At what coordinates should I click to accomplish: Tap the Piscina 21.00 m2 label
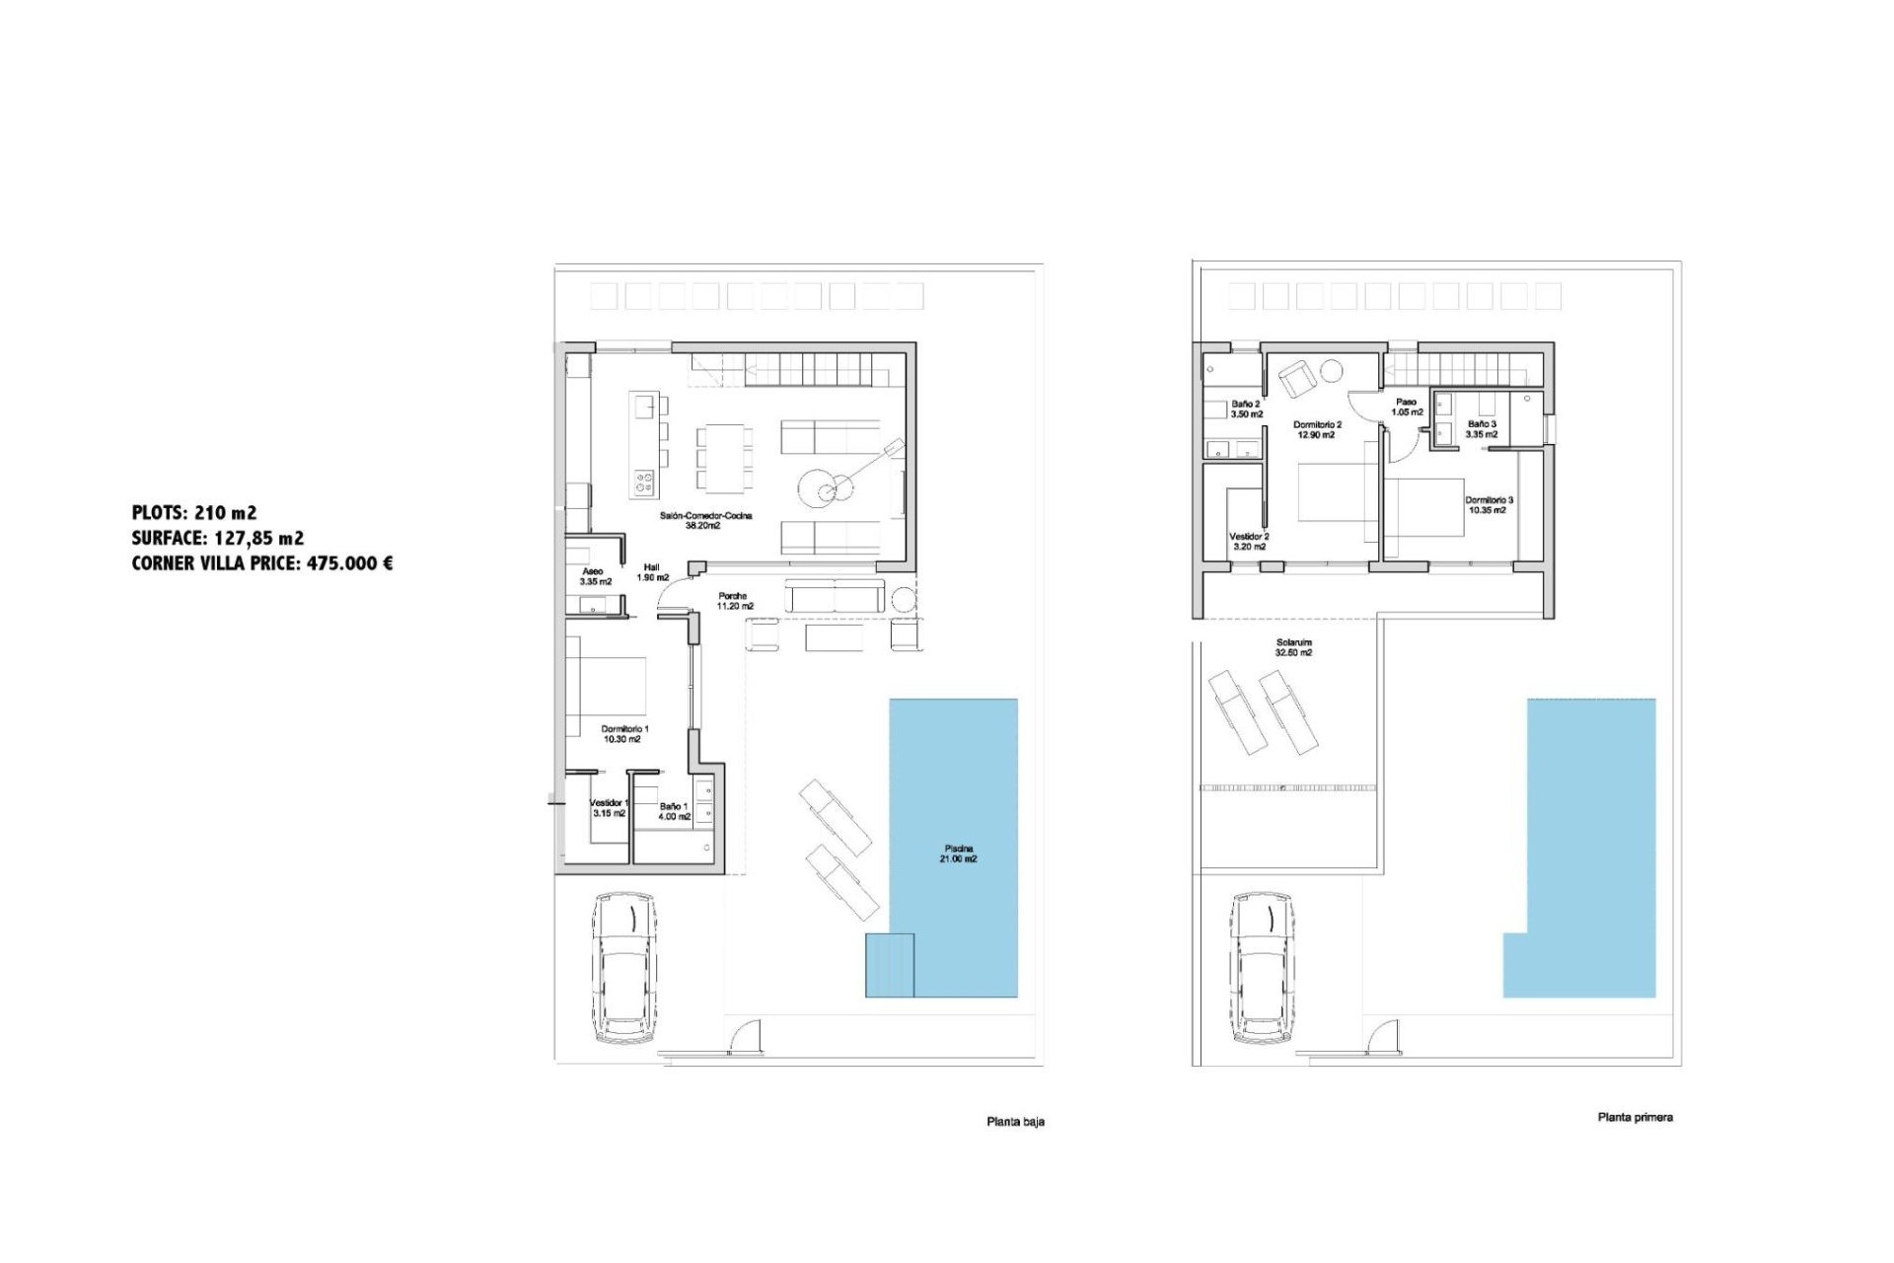958,854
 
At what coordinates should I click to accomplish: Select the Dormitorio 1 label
624,734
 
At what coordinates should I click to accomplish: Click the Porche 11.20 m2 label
734,601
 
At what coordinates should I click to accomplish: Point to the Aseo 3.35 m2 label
595,576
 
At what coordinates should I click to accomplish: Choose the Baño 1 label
675,811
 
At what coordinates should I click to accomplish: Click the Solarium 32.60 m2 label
1293,647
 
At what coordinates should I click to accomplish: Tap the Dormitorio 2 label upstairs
1317,429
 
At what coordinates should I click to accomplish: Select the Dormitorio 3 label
1488,505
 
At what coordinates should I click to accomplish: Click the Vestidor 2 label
1249,542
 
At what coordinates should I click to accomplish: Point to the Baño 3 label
1482,428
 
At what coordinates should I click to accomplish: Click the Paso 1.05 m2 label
1407,407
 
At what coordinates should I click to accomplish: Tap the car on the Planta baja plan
625,968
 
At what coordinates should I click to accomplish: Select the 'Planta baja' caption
1015,1122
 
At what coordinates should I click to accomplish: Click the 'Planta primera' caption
1635,1117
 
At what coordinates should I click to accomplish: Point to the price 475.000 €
350,563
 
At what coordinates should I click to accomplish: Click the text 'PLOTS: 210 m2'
194,512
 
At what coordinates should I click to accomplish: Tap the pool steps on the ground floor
890,965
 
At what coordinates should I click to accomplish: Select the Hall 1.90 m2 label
652,572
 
